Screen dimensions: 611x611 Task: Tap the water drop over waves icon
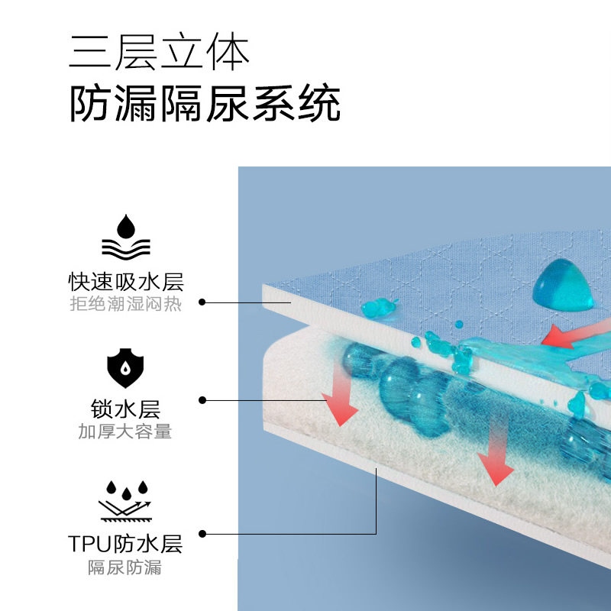(x=125, y=238)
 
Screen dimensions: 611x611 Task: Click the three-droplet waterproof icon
(x=125, y=500)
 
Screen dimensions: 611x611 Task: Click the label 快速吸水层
(x=125, y=282)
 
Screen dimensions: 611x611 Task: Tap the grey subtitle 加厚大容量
(x=125, y=432)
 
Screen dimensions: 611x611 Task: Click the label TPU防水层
(x=125, y=544)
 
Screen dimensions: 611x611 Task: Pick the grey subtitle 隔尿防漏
(x=125, y=568)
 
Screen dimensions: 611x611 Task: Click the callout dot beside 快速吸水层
(x=202, y=302)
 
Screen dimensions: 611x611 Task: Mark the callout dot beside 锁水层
(x=202, y=399)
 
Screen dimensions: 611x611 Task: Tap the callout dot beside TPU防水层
(x=202, y=533)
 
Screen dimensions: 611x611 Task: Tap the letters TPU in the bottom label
(x=90, y=544)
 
